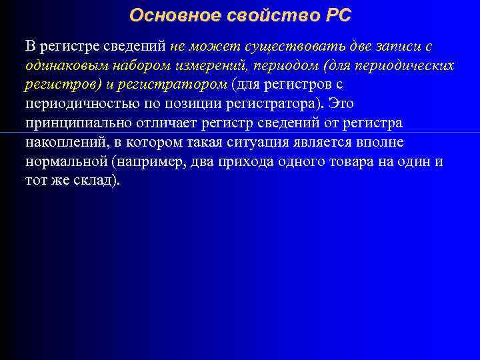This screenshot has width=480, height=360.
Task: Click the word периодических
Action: pyautogui.click(x=405, y=67)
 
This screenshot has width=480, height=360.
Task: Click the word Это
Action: pyautogui.click(x=341, y=105)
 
